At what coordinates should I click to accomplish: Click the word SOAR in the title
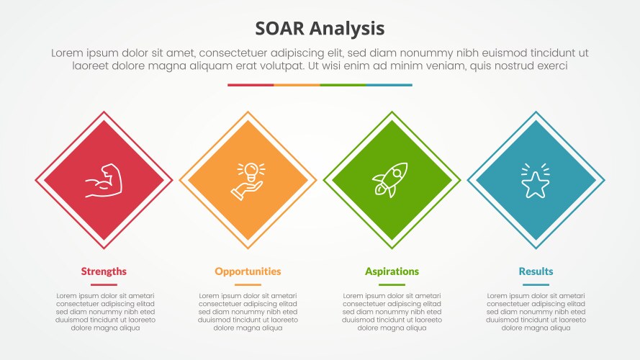tap(281, 28)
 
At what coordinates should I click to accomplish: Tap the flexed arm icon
tap(104, 181)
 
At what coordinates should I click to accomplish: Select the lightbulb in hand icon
tap(248, 181)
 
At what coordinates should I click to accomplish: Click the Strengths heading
tap(104, 271)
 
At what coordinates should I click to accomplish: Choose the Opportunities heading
tap(248, 271)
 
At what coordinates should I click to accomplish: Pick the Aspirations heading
tap(392, 271)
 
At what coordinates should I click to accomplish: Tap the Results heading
tap(536, 271)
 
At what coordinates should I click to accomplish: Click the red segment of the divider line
tap(251, 85)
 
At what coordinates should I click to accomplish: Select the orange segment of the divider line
tap(297, 85)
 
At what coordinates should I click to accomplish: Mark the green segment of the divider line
tap(343, 85)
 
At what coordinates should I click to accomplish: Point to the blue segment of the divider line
tap(389, 85)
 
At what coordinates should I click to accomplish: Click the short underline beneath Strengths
tap(104, 285)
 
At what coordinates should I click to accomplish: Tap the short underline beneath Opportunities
tap(248, 285)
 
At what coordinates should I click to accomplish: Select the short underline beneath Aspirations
tap(392, 285)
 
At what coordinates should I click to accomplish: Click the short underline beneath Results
tap(536, 285)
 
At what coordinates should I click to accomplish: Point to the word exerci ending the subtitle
tap(550, 66)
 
